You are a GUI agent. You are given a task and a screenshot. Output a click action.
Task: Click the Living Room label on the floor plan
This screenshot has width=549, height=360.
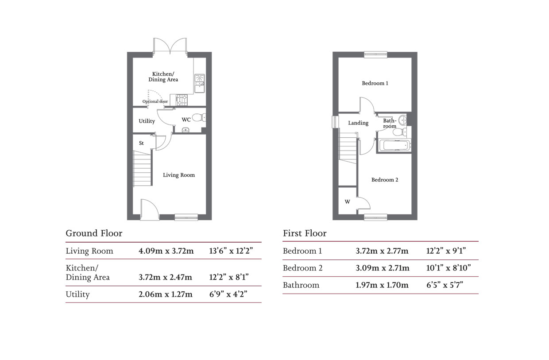[178, 175]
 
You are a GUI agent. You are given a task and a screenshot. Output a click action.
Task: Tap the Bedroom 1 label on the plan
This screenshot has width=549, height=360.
[375, 83]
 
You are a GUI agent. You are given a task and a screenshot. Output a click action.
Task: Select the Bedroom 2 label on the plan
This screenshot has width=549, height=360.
[384, 180]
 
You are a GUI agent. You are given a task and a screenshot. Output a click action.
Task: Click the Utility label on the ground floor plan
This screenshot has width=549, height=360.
[147, 121]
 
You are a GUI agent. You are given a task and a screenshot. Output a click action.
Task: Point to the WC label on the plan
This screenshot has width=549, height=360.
[186, 120]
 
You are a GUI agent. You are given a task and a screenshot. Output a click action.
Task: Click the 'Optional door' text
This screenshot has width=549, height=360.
[155, 101]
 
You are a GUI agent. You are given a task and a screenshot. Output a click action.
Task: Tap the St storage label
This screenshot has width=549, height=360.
[142, 143]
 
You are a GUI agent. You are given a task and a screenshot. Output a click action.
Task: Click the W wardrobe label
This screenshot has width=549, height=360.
[347, 202]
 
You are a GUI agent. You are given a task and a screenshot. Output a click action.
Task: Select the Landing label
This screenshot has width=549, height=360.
[358, 123]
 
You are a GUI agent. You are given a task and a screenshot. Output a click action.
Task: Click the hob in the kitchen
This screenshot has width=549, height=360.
[182, 100]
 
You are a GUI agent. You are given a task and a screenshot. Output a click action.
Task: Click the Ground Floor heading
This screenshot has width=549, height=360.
[94, 233]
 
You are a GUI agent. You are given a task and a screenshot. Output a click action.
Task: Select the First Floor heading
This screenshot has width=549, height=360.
[305, 233]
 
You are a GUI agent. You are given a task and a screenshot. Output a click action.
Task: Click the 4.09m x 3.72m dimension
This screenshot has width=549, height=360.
[166, 251]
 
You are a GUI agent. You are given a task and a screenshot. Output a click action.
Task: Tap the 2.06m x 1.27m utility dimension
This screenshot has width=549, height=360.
[166, 294]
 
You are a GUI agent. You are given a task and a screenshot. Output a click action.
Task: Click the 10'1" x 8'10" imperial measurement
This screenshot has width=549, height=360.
[448, 268]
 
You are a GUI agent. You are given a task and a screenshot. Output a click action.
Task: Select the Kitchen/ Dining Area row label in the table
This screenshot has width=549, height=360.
[88, 273]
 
